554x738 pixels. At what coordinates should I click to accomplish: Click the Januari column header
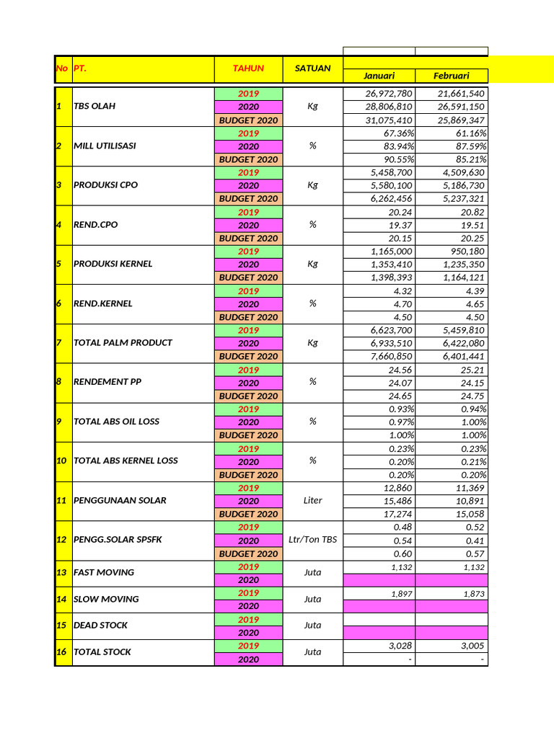(x=379, y=76)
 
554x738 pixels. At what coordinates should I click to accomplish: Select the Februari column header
(x=452, y=76)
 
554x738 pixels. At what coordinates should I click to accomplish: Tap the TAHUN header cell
(x=248, y=68)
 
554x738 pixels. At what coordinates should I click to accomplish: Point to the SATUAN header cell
(x=312, y=68)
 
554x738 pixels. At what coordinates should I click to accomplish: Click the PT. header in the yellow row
(x=80, y=68)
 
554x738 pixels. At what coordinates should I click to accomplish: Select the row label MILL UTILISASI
(x=105, y=146)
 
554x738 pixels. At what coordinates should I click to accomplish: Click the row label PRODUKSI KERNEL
(x=113, y=264)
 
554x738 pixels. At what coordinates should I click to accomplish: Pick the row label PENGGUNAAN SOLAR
(x=119, y=500)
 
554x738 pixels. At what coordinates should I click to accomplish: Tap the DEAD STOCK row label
(x=102, y=626)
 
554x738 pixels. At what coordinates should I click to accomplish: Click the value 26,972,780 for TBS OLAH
(x=389, y=94)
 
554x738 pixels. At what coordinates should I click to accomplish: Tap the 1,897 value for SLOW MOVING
(x=402, y=593)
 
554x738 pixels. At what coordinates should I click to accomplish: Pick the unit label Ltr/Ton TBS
(x=312, y=541)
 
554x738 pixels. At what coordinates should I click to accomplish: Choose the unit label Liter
(x=312, y=500)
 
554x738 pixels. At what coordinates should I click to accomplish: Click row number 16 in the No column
(x=63, y=652)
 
